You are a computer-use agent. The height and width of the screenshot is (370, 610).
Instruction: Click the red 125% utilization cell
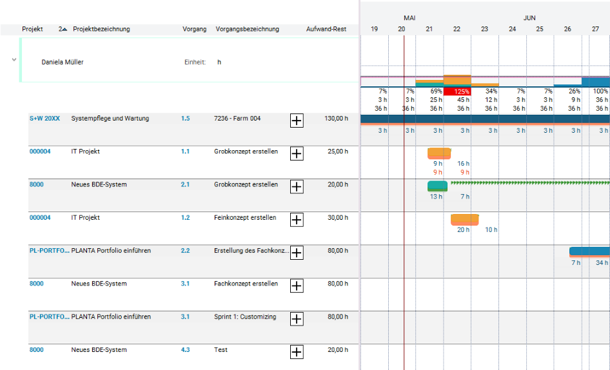457,92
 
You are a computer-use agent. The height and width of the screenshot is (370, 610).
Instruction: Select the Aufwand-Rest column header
326,29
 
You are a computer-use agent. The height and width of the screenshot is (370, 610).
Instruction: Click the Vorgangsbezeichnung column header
248,29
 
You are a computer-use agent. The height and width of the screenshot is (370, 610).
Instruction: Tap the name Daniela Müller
63,63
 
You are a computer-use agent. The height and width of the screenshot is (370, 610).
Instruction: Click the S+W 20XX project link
44,118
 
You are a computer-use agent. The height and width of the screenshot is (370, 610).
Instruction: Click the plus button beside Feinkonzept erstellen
297,220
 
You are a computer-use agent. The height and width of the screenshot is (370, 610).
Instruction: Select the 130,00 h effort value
336,118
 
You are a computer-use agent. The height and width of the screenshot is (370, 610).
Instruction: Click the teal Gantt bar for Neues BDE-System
437,186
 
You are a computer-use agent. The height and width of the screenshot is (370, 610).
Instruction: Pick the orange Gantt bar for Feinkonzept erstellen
464,219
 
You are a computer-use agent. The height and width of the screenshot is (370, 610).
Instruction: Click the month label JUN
529,18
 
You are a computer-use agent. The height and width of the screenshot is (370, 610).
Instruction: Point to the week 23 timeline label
484,29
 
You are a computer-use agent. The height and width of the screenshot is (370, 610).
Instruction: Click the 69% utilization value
436,91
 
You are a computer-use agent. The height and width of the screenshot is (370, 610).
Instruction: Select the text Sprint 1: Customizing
245,316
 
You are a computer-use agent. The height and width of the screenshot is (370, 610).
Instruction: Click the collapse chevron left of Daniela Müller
14,60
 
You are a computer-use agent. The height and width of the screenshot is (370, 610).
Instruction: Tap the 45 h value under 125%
464,100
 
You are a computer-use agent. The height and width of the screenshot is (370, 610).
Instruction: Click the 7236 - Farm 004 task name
237,118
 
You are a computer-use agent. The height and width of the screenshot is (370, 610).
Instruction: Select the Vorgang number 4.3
185,350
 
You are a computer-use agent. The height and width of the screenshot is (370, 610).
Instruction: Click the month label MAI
409,18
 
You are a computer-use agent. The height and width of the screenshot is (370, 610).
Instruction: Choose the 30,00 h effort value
338,217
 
